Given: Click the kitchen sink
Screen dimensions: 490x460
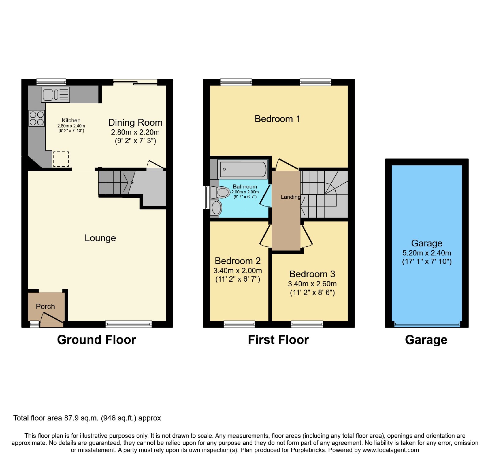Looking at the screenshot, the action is [x=55, y=95].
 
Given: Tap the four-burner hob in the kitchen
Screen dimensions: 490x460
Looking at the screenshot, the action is [x=37, y=119].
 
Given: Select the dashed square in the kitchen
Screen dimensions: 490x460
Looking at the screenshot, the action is [x=61, y=159].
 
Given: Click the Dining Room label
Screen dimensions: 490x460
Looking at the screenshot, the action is [x=135, y=123].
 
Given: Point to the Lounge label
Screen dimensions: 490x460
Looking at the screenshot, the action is [x=100, y=238].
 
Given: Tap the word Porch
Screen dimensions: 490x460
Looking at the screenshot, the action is [x=45, y=306].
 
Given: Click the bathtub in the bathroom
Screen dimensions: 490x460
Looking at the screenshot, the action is [x=242, y=169].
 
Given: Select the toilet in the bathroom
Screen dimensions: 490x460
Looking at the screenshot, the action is [x=220, y=192].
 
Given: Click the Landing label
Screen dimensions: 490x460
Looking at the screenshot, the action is [x=291, y=197].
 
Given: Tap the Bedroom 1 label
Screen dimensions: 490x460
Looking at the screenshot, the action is [x=277, y=119].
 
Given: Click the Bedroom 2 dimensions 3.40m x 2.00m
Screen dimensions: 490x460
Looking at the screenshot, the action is [x=238, y=271].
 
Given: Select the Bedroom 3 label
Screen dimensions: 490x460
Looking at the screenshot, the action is [x=312, y=274].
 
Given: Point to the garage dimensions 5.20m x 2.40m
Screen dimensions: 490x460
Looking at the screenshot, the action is [x=427, y=253].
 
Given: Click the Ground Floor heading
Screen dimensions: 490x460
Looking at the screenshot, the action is [x=96, y=340].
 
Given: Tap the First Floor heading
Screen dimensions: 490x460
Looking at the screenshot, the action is [x=278, y=340].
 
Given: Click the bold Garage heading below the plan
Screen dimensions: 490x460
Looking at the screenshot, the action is [x=426, y=340].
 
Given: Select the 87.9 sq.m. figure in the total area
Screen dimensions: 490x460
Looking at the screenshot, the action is [x=81, y=418].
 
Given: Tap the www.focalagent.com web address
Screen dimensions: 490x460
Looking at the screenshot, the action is [x=390, y=450].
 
